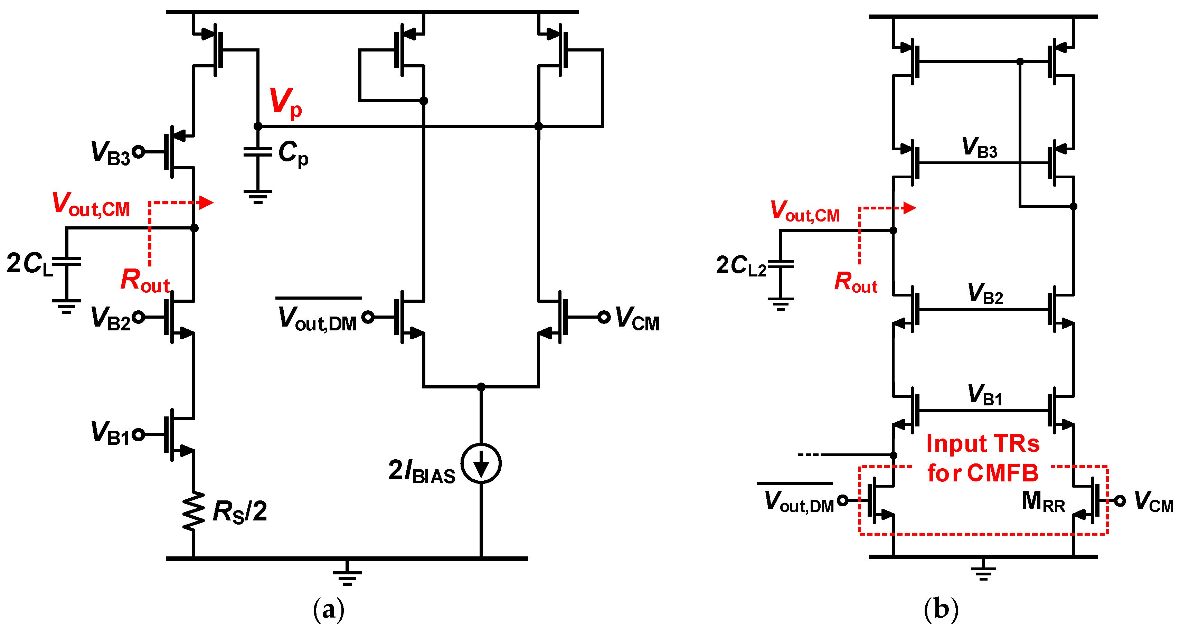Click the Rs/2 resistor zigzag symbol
[193, 511]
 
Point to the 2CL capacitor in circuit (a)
[67, 262]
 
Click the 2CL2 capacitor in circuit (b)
[781, 264]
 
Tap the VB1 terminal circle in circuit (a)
[138, 434]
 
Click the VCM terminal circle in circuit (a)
[604, 317]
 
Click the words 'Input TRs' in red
[983, 443]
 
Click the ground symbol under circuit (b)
[983, 573]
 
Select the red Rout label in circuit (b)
[855, 282]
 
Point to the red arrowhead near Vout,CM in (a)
[207, 202]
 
